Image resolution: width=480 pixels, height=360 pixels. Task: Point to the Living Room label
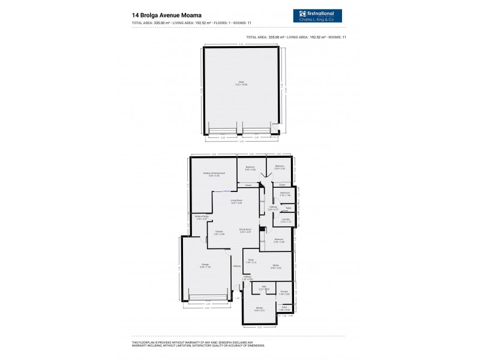coord(236,202)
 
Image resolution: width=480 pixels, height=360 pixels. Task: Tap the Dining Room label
coord(245,232)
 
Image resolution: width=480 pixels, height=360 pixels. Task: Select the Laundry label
coord(286,220)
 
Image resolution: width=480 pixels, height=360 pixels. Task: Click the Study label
coord(251,261)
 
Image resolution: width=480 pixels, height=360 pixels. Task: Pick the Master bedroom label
coord(259,309)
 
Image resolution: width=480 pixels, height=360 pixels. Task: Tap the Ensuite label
coord(284,293)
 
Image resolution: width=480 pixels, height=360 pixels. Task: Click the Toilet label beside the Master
coord(284,309)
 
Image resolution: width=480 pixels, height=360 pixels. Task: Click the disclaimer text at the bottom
coord(198,344)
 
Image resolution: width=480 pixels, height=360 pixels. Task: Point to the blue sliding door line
coord(223,191)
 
